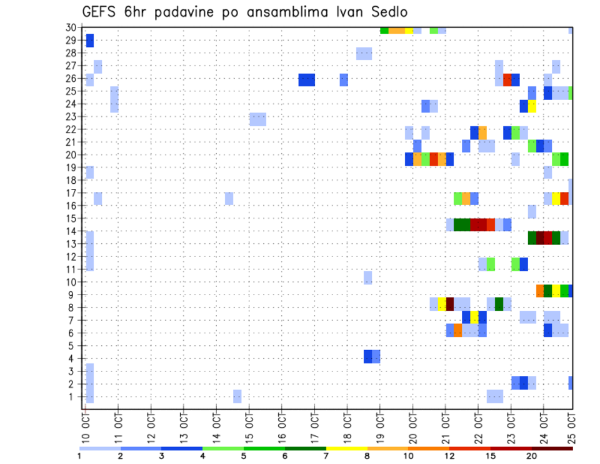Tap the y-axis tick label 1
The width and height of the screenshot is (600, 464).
tap(73, 396)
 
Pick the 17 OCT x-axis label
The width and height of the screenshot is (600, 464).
tap(314, 424)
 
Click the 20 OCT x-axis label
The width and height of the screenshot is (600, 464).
tap(412, 424)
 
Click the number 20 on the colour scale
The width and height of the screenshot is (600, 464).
tap(532, 456)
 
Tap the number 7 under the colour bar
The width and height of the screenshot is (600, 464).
tap(326, 456)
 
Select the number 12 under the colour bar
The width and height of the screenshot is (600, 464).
tap(449, 456)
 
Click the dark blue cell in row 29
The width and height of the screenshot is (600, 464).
tap(89, 41)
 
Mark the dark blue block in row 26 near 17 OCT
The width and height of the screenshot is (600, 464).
tap(306, 79)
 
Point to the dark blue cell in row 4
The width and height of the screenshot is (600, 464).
tap(368, 356)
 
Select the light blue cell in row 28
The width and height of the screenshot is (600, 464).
tap(364, 53)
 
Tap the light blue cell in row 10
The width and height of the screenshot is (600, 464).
tap(367, 278)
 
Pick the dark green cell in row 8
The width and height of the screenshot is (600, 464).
tap(499, 304)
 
